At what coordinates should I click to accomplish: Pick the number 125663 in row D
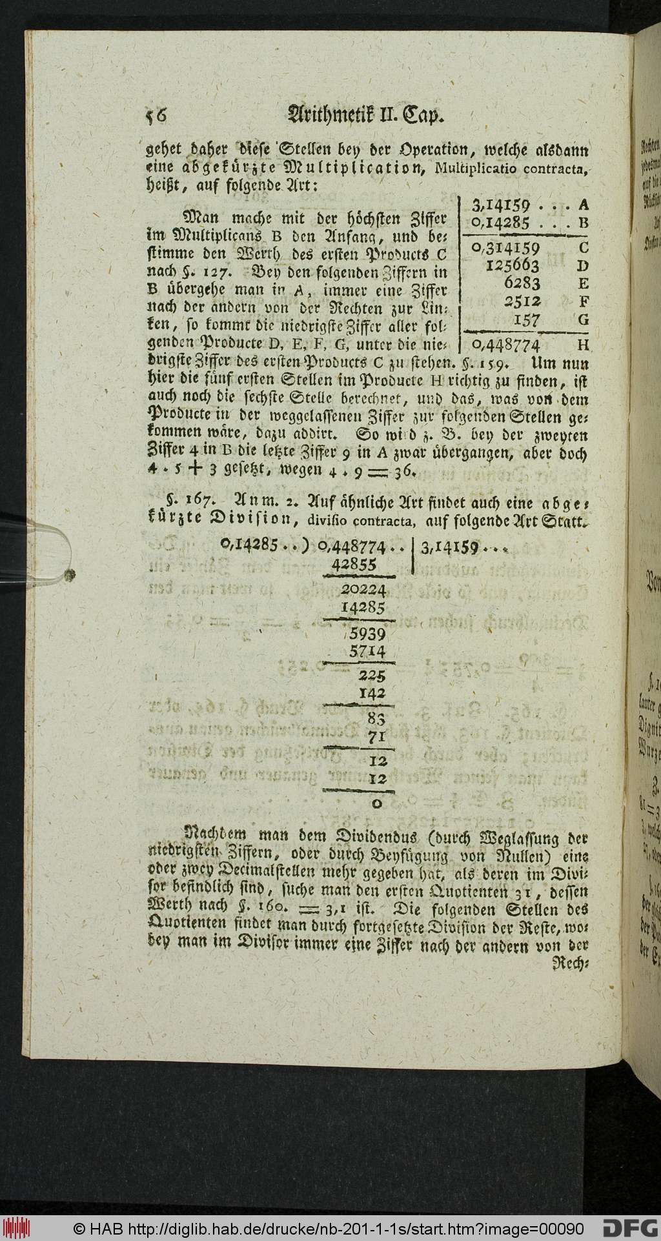[513, 265]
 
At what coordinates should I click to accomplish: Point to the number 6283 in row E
[523, 283]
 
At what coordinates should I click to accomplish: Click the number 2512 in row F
[523, 301]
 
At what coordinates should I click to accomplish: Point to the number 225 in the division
[373, 677]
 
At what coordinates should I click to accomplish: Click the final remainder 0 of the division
[378, 803]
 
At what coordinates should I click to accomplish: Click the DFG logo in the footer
[630, 1227]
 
